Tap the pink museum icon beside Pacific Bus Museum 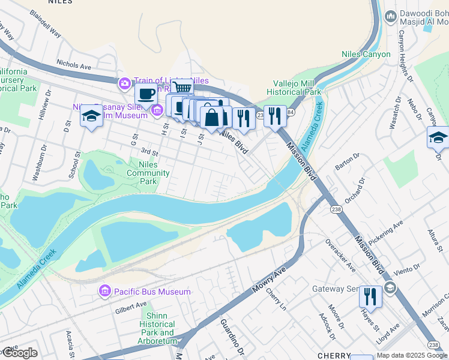(105, 292)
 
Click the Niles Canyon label (366, 55)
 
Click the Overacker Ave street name (340, 254)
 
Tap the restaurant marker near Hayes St (370, 296)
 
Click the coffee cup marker (146, 94)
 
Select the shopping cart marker (182, 89)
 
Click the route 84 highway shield (290, 112)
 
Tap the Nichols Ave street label (73, 62)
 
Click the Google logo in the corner (19, 353)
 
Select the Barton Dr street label (346, 162)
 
